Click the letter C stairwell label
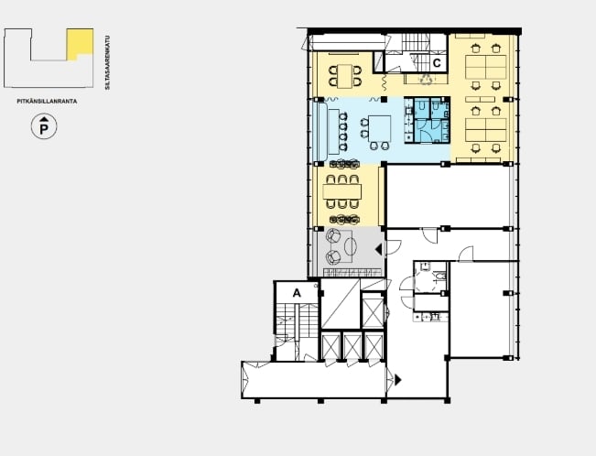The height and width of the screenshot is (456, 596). (x=437, y=63)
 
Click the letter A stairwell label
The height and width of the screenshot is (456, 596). (x=297, y=293)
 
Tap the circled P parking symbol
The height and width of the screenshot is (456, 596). (x=44, y=126)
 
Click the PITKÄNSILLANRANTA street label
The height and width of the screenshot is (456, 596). (x=47, y=101)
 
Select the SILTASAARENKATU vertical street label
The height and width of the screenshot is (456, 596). (x=107, y=63)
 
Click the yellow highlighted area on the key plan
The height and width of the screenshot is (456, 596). (x=80, y=43)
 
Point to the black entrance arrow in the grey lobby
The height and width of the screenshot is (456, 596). (x=378, y=249)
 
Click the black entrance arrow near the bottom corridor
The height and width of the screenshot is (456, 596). (x=398, y=380)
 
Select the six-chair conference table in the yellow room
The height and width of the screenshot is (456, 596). (x=342, y=191)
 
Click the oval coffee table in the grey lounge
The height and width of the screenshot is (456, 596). (x=351, y=246)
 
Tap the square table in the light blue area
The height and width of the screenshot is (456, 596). (x=379, y=128)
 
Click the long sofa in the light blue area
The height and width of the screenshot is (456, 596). (x=320, y=132)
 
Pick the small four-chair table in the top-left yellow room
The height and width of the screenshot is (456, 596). (x=345, y=76)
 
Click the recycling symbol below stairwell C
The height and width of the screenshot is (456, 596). (x=426, y=79)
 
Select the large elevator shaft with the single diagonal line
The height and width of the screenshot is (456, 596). (x=341, y=303)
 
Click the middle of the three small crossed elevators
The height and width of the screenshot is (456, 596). (x=352, y=346)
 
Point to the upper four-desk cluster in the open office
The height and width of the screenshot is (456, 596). (x=486, y=68)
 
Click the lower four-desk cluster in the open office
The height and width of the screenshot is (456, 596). (x=486, y=130)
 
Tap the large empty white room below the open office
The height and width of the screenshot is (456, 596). (x=447, y=196)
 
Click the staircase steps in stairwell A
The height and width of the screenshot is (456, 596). (x=298, y=320)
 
